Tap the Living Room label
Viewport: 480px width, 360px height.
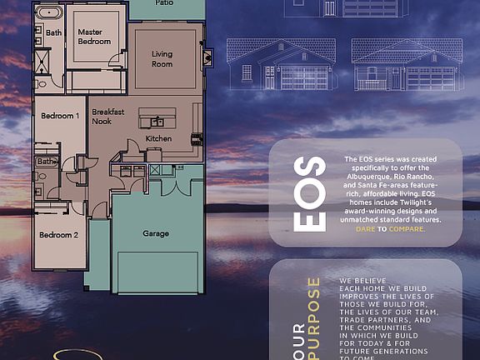pos(162,59)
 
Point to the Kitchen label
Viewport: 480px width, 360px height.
pos(158,137)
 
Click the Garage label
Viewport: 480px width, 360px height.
pos(156,233)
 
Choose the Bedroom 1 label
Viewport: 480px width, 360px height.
pos(60,117)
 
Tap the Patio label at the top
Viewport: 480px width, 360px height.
pos(166,3)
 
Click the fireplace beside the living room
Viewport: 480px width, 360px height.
pos(208,56)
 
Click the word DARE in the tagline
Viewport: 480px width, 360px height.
pos(365,228)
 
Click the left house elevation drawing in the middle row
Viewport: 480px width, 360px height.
pos(281,64)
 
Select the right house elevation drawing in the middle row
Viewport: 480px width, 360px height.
pos(402,64)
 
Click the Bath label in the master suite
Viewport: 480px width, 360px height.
pos(53,32)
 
